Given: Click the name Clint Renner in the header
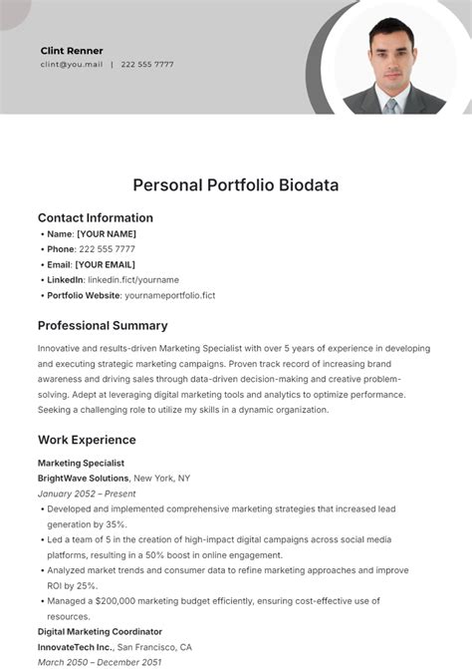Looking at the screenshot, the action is pyautogui.click(x=72, y=50).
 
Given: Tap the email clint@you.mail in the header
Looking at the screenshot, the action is pyautogui.click(x=72, y=65).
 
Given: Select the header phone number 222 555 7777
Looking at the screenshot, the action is pyautogui.click(x=147, y=65).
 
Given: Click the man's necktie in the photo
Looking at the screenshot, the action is pyautogui.click(x=392, y=103).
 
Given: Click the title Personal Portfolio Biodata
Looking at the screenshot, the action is pyautogui.click(x=236, y=184).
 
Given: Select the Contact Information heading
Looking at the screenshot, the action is pyautogui.click(x=96, y=217).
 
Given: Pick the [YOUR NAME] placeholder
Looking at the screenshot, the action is pyautogui.click(x=107, y=234).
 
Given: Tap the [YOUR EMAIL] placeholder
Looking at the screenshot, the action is pyautogui.click(x=107, y=264).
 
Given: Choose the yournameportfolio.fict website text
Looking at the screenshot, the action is pyautogui.click(x=170, y=295).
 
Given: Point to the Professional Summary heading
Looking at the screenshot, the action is pyautogui.click(x=103, y=325).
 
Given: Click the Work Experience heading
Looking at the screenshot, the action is pyautogui.click(x=87, y=440).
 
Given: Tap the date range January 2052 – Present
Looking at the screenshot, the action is pyautogui.click(x=87, y=494).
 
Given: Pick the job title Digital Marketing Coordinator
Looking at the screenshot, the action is pyautogui.click(x=100, y=631).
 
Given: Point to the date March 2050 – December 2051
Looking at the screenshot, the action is pyautogui.click(x=100, y=661).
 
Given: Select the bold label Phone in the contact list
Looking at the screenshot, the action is pyautogui.click(x=61, y=249).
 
